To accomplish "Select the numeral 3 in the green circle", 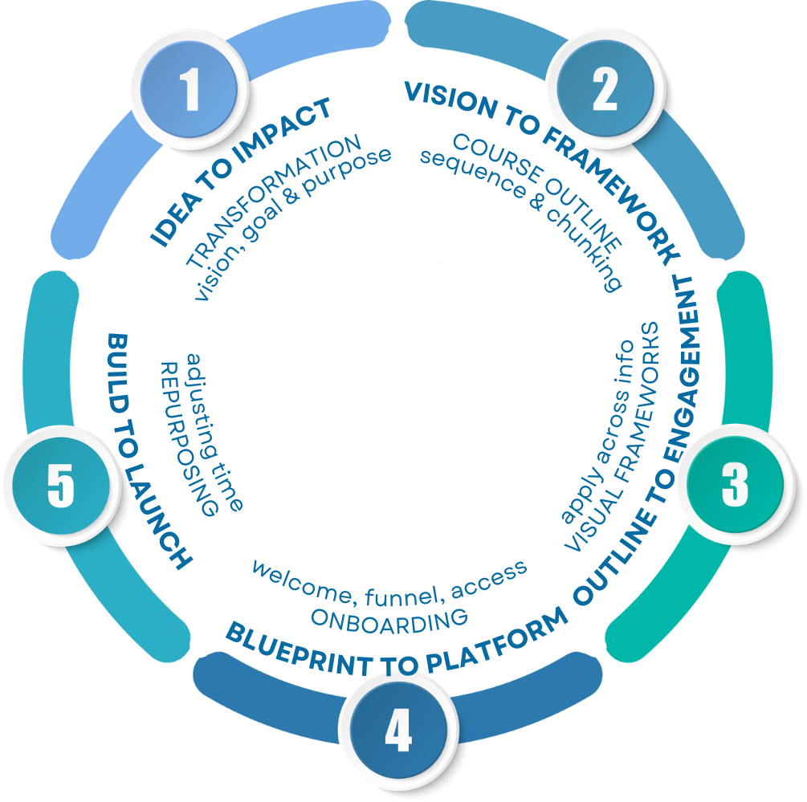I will pos(734,485).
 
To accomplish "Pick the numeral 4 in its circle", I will pos(397,731).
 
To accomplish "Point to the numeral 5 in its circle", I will pos(61,485).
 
